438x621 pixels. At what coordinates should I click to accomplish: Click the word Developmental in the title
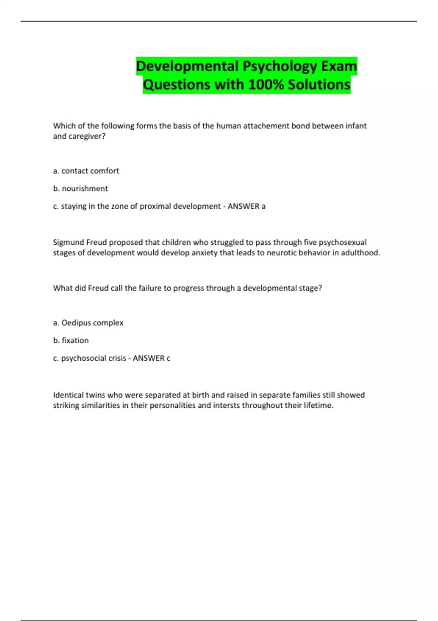(187, 66)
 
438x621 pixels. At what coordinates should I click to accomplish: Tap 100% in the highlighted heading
(266, 84)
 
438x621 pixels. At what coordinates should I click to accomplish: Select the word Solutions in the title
(319, 84)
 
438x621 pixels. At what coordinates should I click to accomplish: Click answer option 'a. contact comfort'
(86, 171)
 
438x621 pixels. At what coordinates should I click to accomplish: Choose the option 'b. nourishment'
(81, 188)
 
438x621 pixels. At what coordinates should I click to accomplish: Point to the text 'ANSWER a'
(246, 206)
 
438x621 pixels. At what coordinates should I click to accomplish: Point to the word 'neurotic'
(281, 253)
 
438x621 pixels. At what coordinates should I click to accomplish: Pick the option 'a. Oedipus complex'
(88, 323)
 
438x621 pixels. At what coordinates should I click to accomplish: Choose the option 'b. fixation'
(71, 340)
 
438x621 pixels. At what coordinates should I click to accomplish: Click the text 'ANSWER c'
(151, 358)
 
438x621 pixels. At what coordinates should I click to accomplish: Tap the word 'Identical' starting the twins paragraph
(68, 395)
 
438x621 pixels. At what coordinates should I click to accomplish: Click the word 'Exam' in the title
(339, 66)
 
